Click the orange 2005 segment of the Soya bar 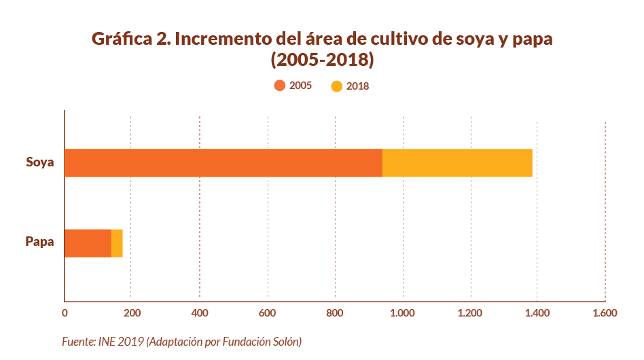click(x=223, y=162)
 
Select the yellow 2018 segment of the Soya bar click(x=457, y=162)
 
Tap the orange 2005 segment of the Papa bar click(x=88, y=243)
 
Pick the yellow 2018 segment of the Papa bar click(x=117, y=243)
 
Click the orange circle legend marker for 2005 click(x=279, y=86)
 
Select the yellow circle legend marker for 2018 click(x=336, y=86)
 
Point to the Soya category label click(x=39, y=162)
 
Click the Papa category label click(x=39, y=241)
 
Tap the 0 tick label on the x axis click(x=65, y=313)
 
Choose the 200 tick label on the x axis click(x=132, y=313)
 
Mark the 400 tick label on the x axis click(x=200, y=313)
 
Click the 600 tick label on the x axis click(x=268, y=313)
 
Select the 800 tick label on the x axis click(x=335, y=313)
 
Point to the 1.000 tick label click(x=403, y=313)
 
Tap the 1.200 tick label click(x=469, y=313)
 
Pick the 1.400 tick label click(x=537, y=313)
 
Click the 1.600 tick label click(x=605, y=313)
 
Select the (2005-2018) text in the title click(x=322, y=60)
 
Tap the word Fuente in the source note click(x=76, y=341)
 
